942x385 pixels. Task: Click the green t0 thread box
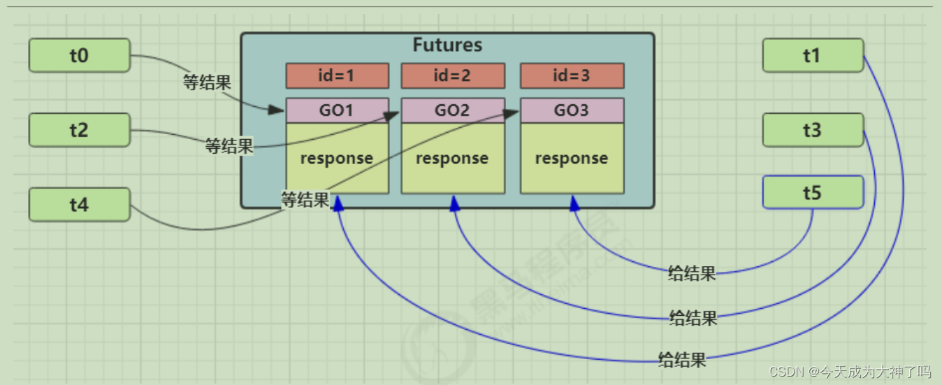pos(79,55)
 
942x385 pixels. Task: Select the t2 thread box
pos(79,130)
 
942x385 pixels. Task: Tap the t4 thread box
pos(79,205)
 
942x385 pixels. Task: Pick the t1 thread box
pos(813,55)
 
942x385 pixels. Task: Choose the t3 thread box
pos(813,130)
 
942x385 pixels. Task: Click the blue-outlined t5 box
pos(813,192)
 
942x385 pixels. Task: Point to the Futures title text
pos(447,45)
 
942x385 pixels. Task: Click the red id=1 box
pos(337,75)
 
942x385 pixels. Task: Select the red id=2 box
pos(453,75)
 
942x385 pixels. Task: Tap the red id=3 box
pos(572,75)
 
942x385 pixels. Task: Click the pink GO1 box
pos(337,110)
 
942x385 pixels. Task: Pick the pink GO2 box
pos(453,110)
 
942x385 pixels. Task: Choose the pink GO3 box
pos(572,110)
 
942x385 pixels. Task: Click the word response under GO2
pos(452,158)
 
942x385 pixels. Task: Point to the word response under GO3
pos(572,158)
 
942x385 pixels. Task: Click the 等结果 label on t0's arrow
pos(207,82)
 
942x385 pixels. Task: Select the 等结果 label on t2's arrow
pos(229,146)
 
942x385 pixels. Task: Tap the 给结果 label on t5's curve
pos(692,273)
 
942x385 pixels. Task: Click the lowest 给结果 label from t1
pos(682,360)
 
